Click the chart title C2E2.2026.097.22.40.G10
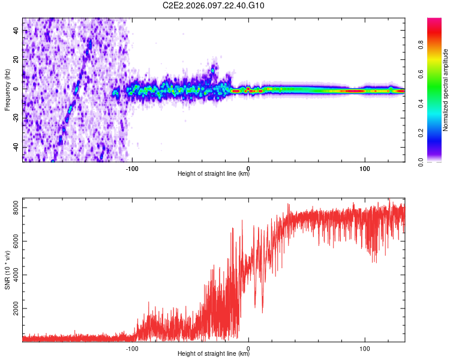click(214, 5)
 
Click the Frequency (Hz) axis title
click(7, 90)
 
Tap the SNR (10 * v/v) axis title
click(7, 269)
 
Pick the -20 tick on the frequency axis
click(15, 118)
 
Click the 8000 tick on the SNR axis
click(13, 208)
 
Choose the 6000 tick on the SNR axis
click(13, 241)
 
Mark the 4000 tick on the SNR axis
click(13, 275)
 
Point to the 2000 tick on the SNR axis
click(13, 308)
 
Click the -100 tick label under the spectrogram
click(132, 167)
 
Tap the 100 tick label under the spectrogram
click(364, 167)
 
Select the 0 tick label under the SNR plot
click(248, 347)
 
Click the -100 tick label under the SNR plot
click(132, 347)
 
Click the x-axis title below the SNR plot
click(214, 354)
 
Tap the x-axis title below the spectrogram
click(214, 174)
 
